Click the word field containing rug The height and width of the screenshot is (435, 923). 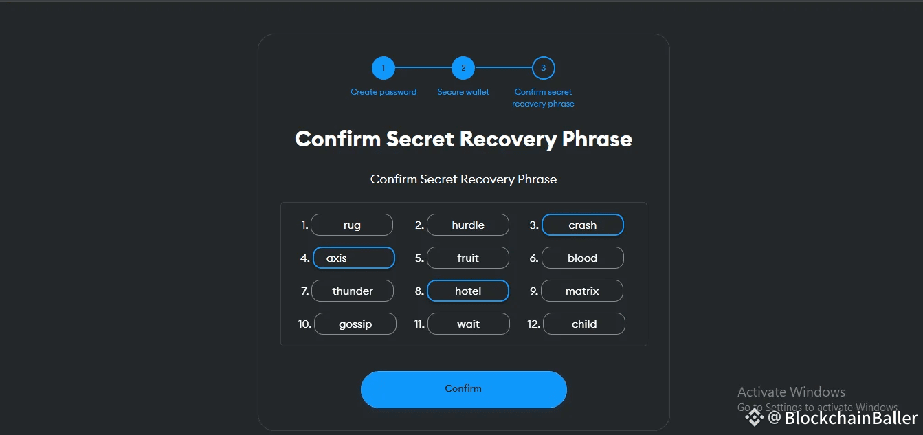[x=352, y=225]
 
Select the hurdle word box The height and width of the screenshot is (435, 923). [x=468, y=225]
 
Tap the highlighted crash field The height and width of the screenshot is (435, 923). [x=583, y=225]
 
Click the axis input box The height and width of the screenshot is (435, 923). [x=354, y=258]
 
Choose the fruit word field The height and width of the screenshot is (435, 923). [x=468, y=258]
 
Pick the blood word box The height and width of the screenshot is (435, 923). [x=583, y=258]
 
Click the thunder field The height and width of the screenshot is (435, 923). [x=353, y=291]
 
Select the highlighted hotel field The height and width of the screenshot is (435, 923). [x=468, y=291]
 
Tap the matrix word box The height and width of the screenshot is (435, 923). [x=582, y=291]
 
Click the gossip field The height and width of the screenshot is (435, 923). [x=355, y=324]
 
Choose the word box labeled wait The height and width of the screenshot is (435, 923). [x=469, y=324]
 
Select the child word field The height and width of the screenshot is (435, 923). [x=584, y=324]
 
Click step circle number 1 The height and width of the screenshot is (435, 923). [x=383, y=68]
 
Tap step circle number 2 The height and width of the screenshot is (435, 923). [x=463, y=68]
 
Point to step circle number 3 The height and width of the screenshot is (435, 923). [x=544, y=68]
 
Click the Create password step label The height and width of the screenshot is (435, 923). [x=383, y=92]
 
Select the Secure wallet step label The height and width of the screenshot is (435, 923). [x=463, y=92]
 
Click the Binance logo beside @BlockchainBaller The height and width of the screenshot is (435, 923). [x=755, y=417]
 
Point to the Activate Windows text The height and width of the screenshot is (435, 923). [x=791, y=392]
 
